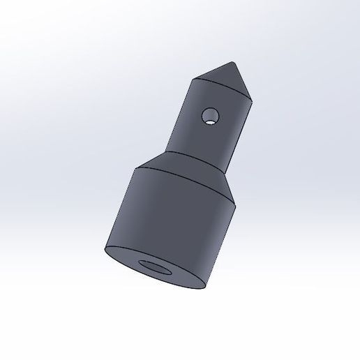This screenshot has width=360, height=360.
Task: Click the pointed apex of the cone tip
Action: (234, 62)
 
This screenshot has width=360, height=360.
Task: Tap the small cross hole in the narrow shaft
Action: (209, 114)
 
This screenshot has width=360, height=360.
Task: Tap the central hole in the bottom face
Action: (158, 268)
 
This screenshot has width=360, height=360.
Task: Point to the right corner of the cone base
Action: (250, 95)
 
